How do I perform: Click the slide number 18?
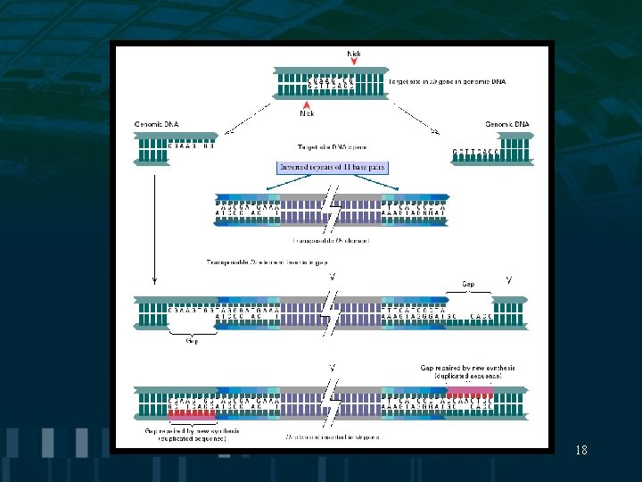581,450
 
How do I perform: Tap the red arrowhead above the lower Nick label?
308,104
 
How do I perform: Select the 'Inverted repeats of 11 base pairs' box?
332,167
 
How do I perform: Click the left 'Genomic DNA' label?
155,124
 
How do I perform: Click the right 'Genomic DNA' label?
506,124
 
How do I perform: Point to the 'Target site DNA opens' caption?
332,146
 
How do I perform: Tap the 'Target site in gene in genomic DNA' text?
447,81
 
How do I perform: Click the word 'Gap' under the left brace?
192,340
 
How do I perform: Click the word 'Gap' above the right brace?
468,285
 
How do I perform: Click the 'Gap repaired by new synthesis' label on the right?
468,371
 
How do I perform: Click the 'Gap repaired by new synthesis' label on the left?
191,434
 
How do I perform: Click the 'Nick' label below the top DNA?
308,113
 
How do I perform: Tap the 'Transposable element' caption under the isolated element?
331,241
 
